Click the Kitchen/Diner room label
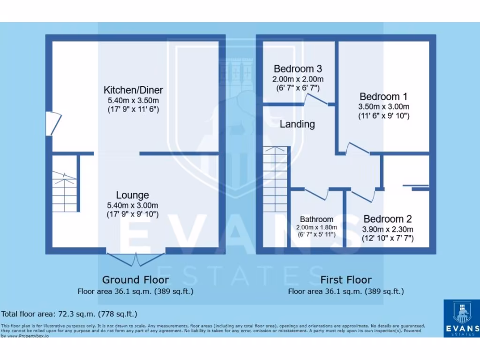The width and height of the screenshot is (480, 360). pyautogui.click(x=133, y=90)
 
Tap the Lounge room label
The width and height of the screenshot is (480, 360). pyautogui.click(x=133, y=195)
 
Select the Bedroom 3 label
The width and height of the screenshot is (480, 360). pyautogui.click(x=298, y=68)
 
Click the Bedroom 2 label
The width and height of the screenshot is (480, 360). pyautogui.click(x=387, y=219)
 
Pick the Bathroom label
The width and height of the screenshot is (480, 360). pyautogui.click(x=316, y=219)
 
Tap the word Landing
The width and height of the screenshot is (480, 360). pyautogui.click(x=297, y=124)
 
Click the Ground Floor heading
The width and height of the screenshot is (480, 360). pyautogui.click(x=135, y=280)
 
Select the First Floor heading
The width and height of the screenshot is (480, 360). pyautogui.click(x=346, y=280)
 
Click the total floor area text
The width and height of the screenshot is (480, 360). pyautogui.click(x=69, y=314)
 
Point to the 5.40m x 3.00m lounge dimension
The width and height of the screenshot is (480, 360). pyautogui.click(x=133, y=205)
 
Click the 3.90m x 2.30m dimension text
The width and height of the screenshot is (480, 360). pyautogui.click(x=387, y=229)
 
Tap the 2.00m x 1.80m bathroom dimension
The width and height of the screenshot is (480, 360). pyautogui.click(x=316, y=227)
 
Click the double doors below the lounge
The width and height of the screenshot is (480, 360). pyautogui.click(x=136, y=257)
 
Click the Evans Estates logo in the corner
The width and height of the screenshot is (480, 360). pyautogui.click(x=461, y=317)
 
